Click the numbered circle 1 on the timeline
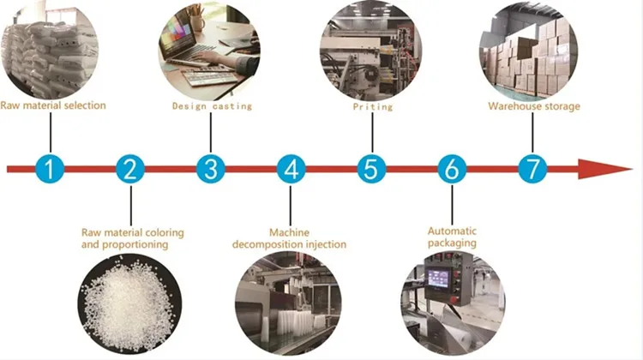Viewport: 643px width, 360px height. coord(51,169)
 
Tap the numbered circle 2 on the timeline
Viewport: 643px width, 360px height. coord(130,169)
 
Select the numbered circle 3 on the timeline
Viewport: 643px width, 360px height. coord(210,169)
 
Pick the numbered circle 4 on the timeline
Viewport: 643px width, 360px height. coord(291,169)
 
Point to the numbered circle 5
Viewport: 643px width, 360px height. coord(370,169)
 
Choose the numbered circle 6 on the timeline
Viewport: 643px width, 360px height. coord(451,169)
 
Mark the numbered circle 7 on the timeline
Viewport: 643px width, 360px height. coord(532,169)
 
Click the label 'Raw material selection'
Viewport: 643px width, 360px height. coord(53,105)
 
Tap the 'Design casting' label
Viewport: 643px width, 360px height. coord(213,106)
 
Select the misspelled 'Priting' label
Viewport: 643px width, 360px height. coord(373,107)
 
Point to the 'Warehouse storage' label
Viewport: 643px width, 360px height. coord(534,106)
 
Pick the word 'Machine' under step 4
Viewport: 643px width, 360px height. coord(289,232)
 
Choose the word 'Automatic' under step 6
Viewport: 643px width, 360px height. coord(452,231)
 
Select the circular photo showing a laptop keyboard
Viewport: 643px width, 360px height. coord(211,51)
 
